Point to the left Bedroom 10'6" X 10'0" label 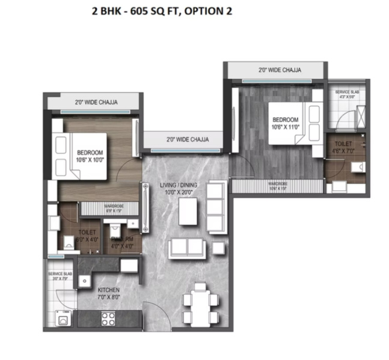coord(90,156)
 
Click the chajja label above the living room coord(188,139)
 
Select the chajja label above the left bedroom coord(96,102)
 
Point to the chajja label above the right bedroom coord(280,70)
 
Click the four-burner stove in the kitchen coord(108,317)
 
